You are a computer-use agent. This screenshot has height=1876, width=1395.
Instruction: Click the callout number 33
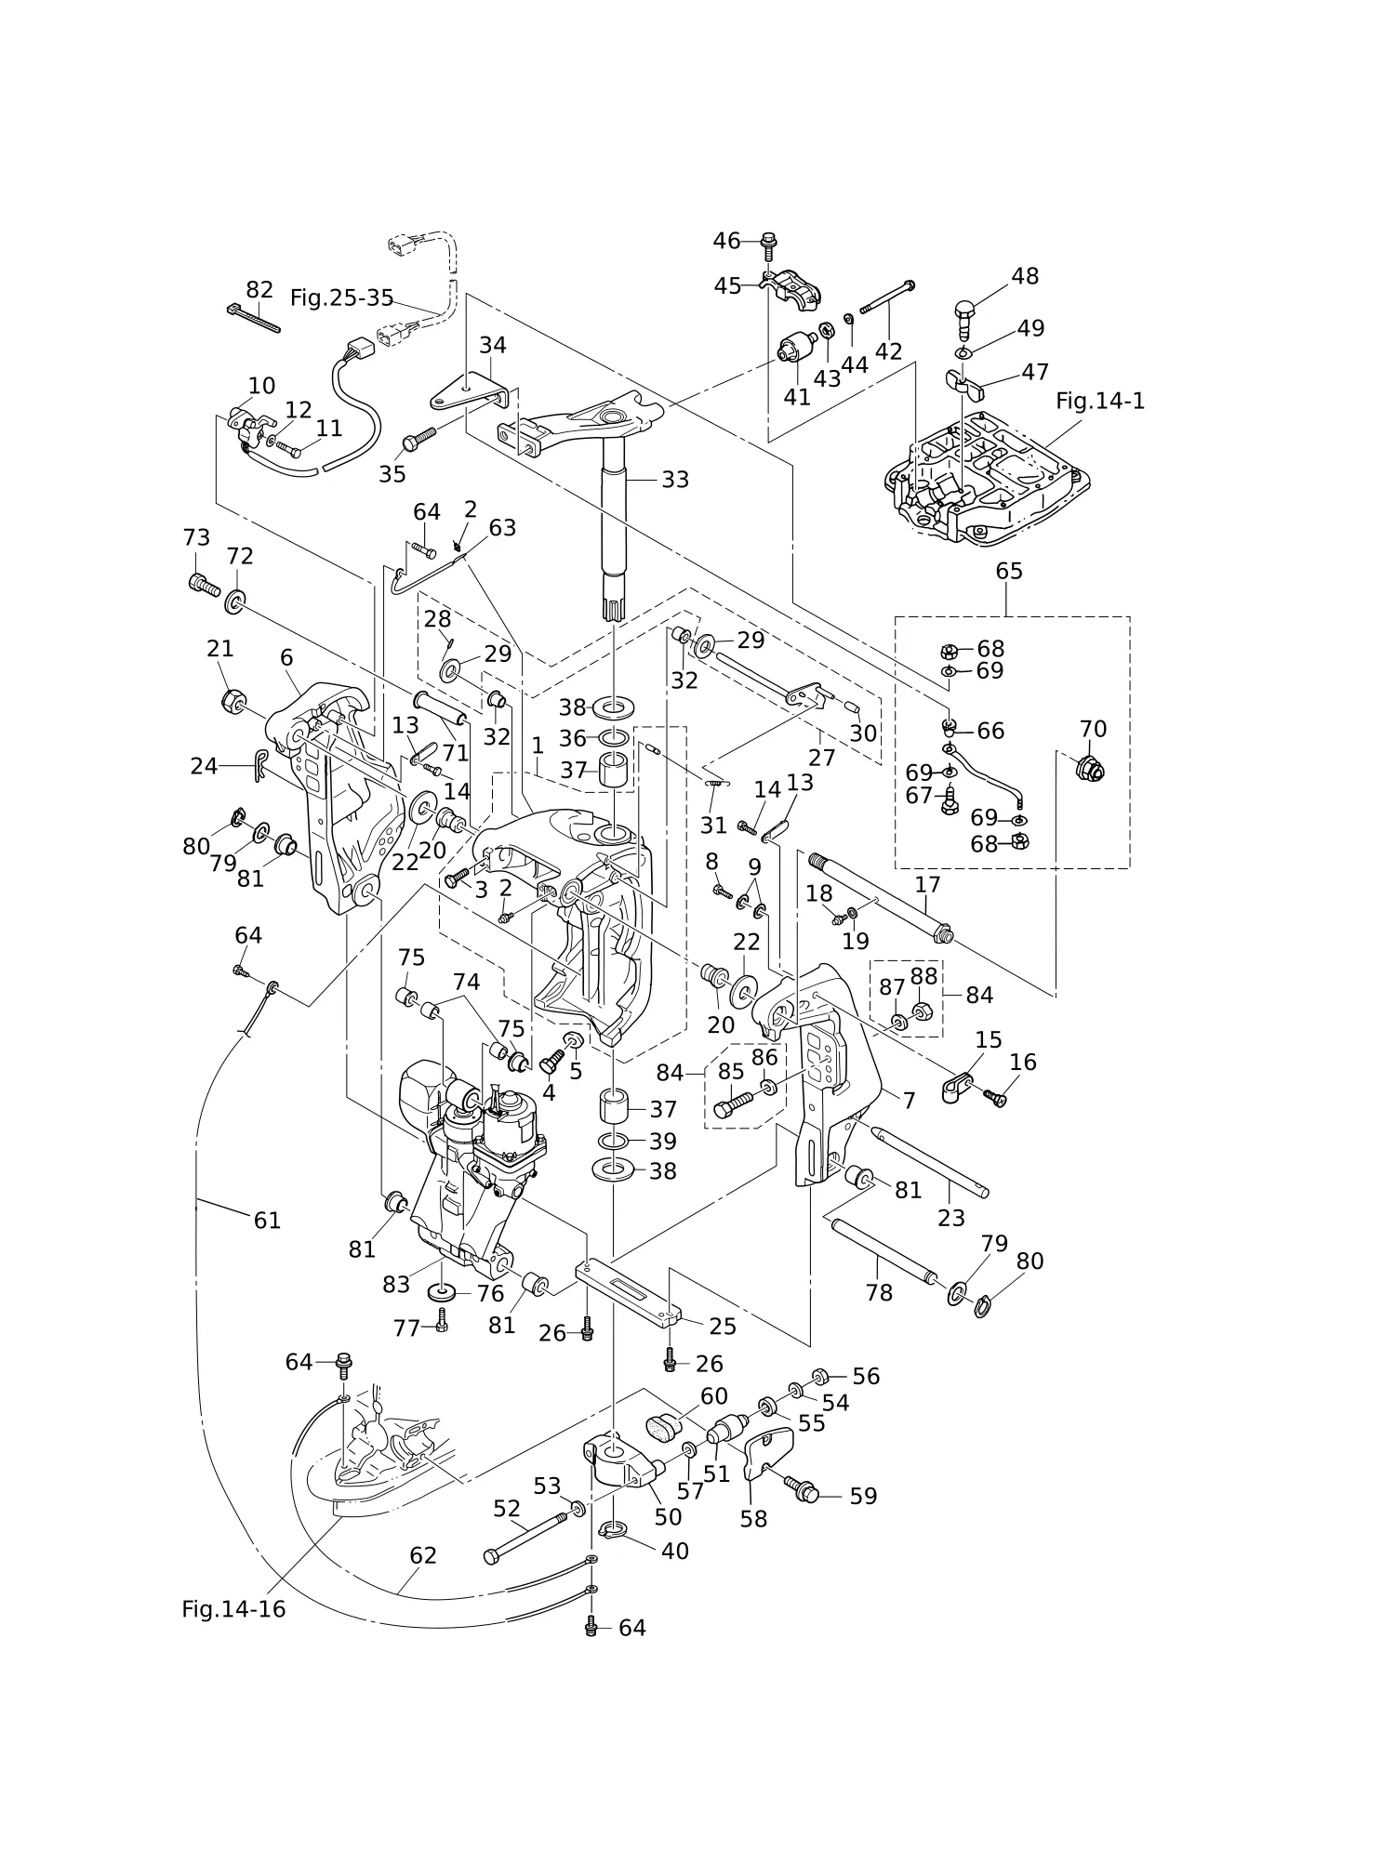click(675, 480)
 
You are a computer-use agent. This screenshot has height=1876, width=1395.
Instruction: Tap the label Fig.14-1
click(1100, 401)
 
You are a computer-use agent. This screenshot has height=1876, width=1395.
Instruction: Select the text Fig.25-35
click(341, 297)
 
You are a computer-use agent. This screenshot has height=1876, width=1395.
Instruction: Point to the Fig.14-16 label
click(233, 1608)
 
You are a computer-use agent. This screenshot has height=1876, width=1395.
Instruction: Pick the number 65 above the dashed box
click(1009, 571)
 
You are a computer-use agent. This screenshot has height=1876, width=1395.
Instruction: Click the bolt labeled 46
click(768, 244)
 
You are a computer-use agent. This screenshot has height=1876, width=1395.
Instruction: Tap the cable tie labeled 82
click(253, 317)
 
